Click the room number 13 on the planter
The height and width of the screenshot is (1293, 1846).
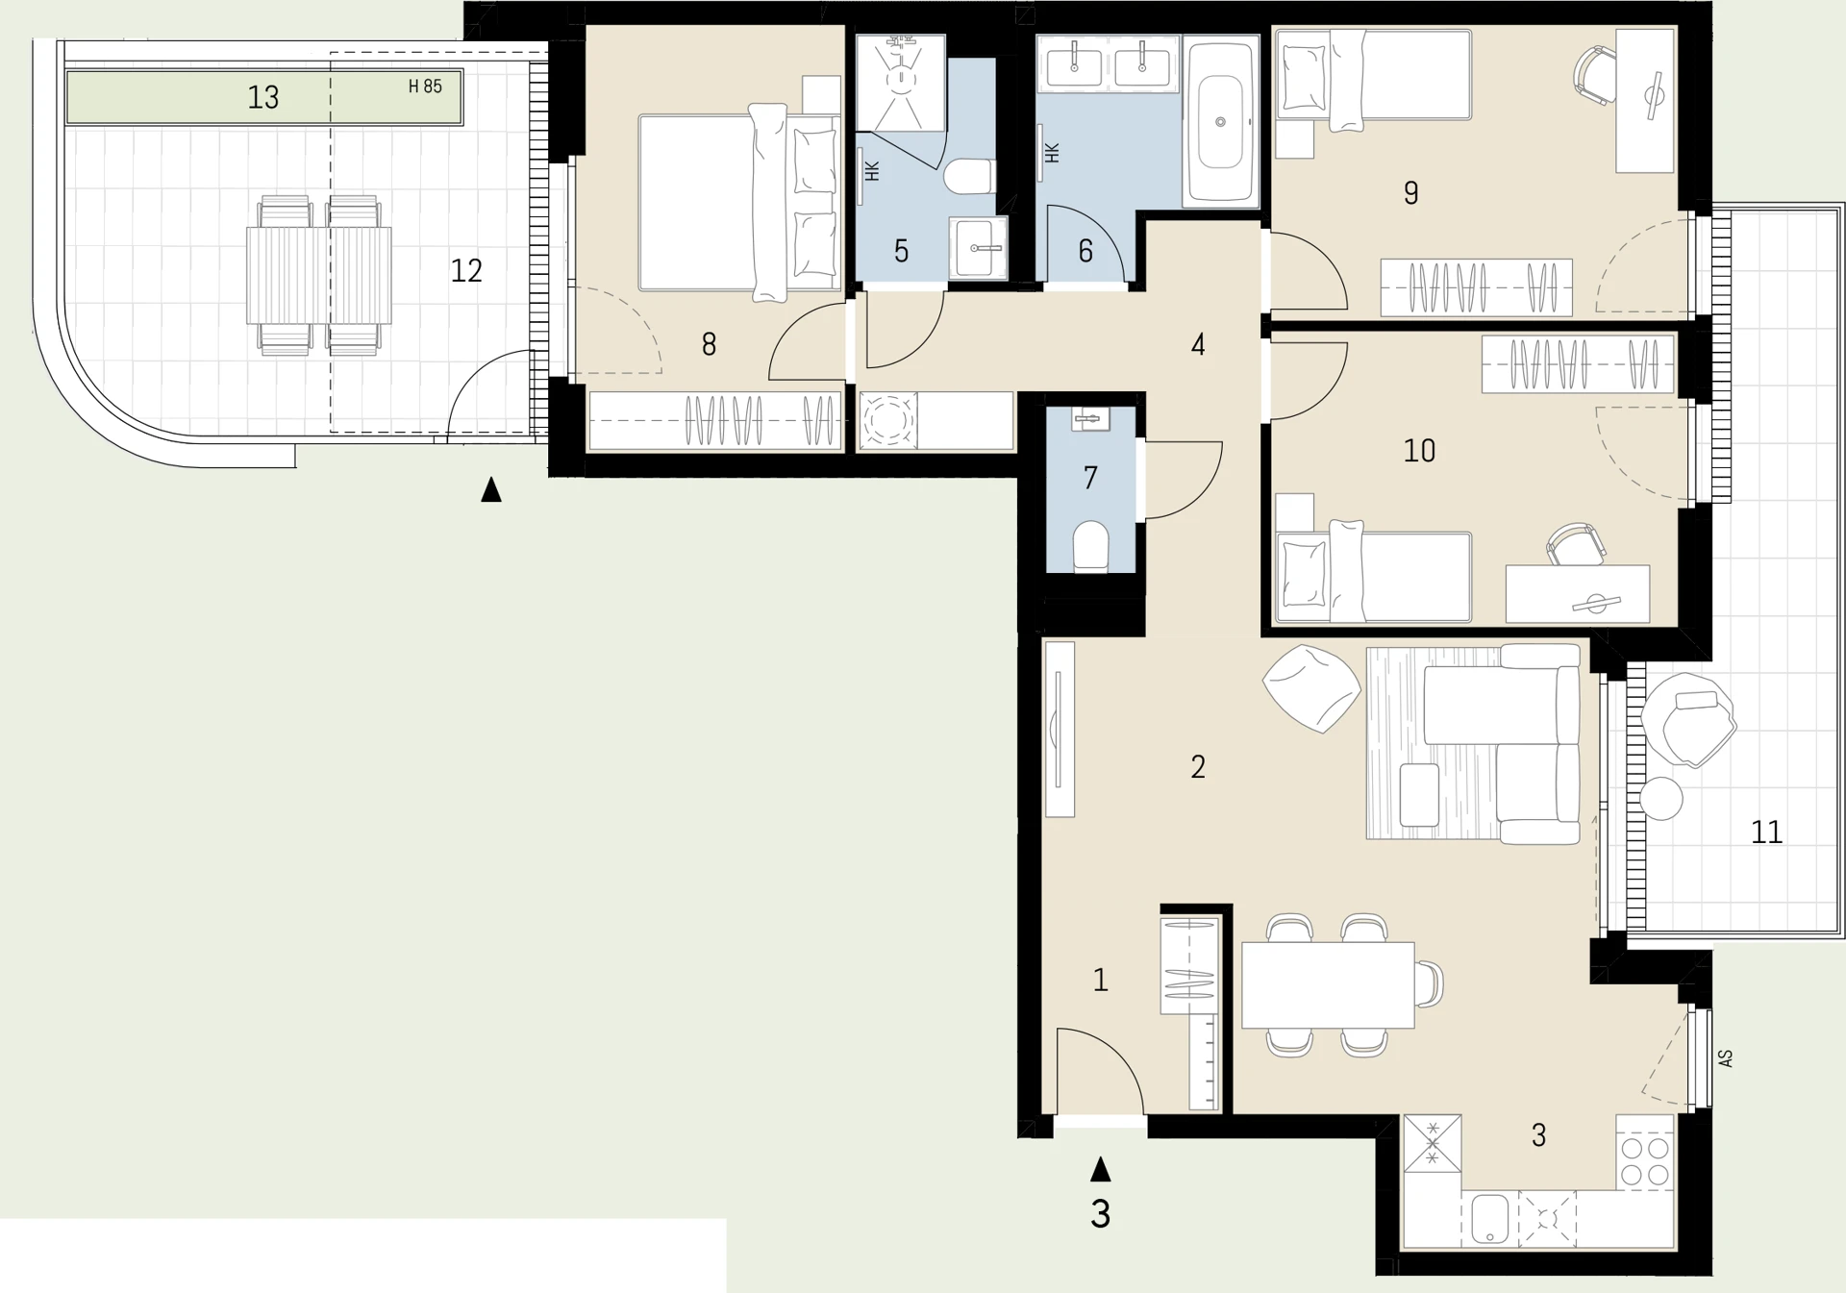[262, 97]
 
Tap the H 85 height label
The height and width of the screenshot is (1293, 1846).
[425, 87]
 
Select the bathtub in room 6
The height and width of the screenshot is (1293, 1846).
[1220, 121]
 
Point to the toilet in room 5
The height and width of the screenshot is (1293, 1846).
[969, 177]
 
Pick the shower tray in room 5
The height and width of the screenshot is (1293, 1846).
[901, 84]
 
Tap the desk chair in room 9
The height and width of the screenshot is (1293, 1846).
[1594, 75]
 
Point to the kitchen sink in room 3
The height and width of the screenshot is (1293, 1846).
[1489, 1219]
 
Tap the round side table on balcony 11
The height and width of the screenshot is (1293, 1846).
[1661, 799]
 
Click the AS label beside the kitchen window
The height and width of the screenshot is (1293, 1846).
[1726, 1058]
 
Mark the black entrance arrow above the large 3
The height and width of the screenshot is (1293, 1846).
[1101, 1169]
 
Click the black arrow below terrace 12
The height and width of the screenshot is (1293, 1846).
[491, 489]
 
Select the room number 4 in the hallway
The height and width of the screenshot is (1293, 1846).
[1198, 344]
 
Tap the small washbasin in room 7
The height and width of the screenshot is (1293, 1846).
[1090, 419]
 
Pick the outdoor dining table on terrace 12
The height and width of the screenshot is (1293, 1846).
[318, 275]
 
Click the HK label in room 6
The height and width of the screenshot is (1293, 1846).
[1051, 153]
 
